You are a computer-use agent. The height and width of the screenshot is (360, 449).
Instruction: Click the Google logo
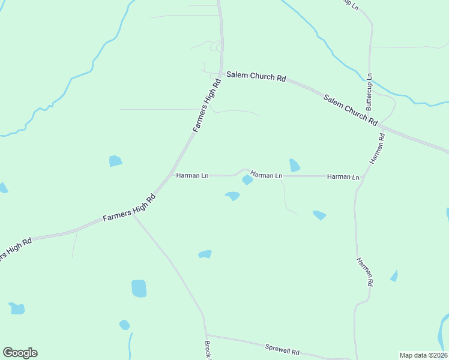[x=20, y=353]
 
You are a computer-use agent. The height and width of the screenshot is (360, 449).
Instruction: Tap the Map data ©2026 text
[x=423, y=355]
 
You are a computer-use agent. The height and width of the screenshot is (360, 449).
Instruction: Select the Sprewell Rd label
[x=282, y=348]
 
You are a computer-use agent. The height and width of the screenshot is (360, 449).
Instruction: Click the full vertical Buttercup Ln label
[x=369, y=91]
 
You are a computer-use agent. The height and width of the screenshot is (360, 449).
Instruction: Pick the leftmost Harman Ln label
[x=192, y=176]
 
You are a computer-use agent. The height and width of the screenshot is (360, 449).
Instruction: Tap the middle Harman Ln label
[x=266, y=175]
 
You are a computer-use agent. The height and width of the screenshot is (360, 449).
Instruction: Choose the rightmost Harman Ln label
[x=343, y=177]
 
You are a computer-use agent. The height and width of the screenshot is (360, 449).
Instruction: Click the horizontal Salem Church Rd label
[x=256, y=77]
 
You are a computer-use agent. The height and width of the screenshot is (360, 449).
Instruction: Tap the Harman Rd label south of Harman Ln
[x=365, y=272]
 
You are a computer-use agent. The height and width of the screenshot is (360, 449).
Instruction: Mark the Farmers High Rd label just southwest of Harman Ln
[x=129, y=208]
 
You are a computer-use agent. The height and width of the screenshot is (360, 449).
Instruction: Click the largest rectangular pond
[x=139, y=289]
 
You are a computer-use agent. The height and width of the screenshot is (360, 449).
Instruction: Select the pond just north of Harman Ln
[x=294, y=165]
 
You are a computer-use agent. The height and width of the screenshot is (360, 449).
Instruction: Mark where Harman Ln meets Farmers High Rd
[x=171, y=175]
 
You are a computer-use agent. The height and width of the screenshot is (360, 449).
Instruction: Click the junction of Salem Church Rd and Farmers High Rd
[x=221, y=74]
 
